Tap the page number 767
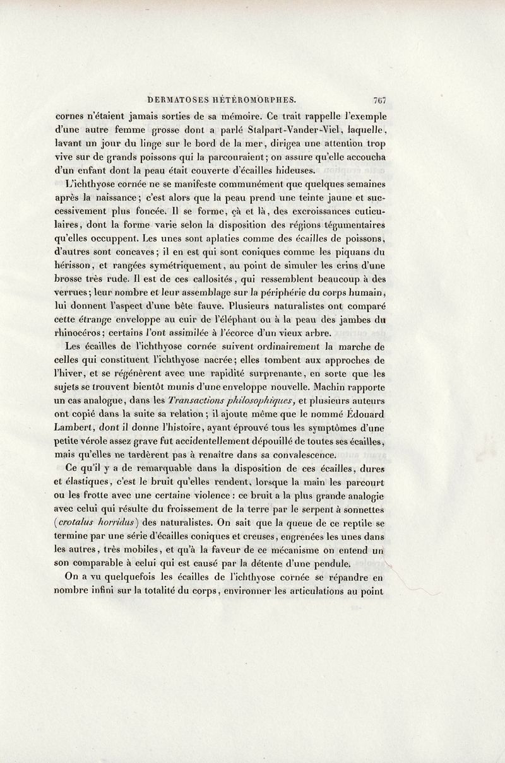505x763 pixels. click(x=379, y=99)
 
